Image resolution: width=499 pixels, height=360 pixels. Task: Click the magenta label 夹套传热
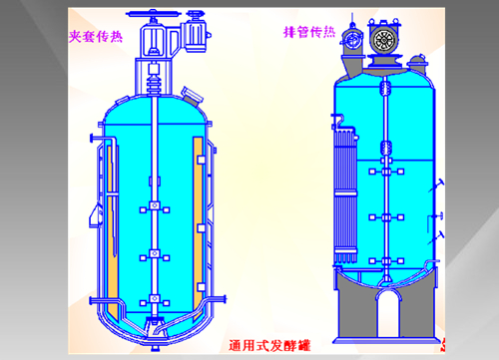pos(96,36)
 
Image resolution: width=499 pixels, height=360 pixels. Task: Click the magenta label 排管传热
pos(309,32)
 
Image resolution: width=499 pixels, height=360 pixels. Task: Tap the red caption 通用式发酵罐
pos(269,346)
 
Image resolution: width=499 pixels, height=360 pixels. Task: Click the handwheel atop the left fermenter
pos(154,14)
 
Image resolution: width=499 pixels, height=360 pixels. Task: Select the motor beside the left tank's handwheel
pos(196,32)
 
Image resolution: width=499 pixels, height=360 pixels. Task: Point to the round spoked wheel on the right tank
pos(384,39)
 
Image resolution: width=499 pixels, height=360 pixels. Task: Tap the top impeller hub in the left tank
pos(155,205)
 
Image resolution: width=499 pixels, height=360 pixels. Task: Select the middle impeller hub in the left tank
pos(155,254)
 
